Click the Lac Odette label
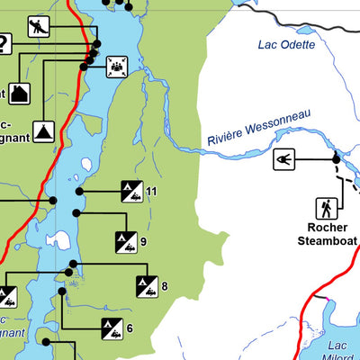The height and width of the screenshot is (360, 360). click(x=286, y=44)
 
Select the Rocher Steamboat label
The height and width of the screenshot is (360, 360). click(x=326, y=235)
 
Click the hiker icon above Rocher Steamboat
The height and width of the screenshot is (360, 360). click(x=326, y=208)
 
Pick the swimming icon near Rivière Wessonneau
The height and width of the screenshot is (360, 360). click(x=284, y=159)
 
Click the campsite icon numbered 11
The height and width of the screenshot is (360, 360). click(x=131, y=191)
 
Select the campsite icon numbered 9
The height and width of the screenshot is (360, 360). click(x=124, y=240)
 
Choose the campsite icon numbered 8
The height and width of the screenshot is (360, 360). click(x=146, y=287)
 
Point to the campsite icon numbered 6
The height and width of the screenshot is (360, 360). click(x=112, y=328)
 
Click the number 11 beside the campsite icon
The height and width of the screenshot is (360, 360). click(x=151, y=191)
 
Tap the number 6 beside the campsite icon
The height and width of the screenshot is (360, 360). click(x=130, y=328)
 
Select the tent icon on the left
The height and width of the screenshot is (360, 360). click(x=41, y=131)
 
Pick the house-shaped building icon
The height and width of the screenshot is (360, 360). click(x=20, y=92)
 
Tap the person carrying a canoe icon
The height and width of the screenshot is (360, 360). click(x=38, y=26)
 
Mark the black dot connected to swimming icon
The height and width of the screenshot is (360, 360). click(x=337, y=159)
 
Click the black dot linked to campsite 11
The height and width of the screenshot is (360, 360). click(x=79, y=191)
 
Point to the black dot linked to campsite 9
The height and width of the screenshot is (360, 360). click(x=76, y=212)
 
